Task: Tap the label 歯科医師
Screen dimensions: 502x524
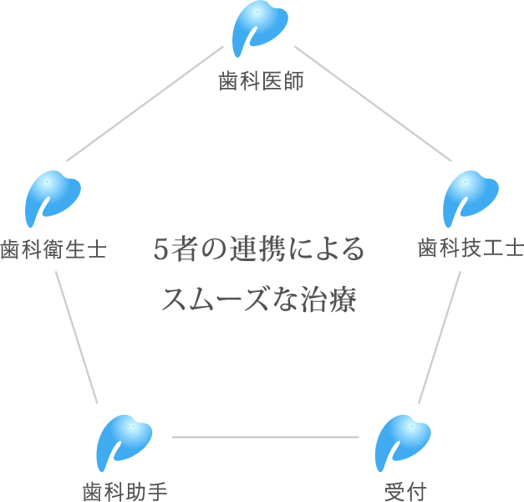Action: (x=261, y=81)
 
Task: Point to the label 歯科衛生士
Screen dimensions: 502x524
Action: (x=53, y=250)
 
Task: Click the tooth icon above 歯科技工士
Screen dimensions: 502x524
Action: (x=470, y=199)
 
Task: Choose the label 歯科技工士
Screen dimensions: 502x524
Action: (x=470, y=249)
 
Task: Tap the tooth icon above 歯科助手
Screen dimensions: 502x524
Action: (x=124, y=443)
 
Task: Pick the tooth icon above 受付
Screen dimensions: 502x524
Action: (x=403, y=443)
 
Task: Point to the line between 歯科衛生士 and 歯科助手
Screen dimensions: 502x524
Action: (x=78, y=335)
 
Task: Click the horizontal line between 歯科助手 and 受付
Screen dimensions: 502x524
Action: (x=264, y=437)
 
